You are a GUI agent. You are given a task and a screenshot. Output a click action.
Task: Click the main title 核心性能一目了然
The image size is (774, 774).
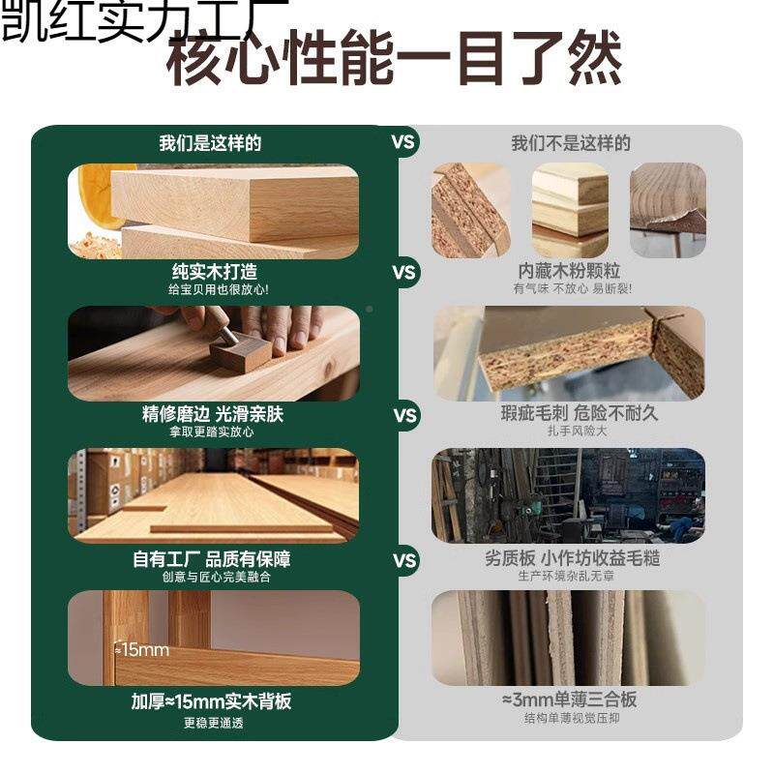[x=395, y=60]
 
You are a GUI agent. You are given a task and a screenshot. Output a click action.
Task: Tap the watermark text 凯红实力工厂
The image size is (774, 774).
[x=144, y=21]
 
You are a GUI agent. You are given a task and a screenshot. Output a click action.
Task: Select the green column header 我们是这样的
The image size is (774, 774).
[x=211, y=143]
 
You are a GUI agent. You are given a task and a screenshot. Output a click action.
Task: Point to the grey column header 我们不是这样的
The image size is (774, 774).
[x=571, y=143]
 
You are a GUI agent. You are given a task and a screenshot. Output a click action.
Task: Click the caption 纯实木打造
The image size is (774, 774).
[x=215, y=272]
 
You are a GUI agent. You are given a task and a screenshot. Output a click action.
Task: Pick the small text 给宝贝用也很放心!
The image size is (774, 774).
[x=215, y=289]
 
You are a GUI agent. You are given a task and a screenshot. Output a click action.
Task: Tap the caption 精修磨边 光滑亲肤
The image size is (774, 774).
[x=213, y=414]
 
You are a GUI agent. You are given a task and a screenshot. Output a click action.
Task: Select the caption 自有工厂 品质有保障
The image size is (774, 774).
[x=212, y=559]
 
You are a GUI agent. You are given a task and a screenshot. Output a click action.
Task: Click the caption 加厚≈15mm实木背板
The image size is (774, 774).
[x=212, y=701]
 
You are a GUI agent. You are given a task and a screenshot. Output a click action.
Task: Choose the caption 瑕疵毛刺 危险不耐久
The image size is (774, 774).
[x=571, y=413]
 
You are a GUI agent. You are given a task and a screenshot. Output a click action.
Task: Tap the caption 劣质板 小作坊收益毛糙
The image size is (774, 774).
[x=572, y=558]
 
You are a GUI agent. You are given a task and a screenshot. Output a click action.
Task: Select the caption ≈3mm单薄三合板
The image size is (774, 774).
[x=570, y=700]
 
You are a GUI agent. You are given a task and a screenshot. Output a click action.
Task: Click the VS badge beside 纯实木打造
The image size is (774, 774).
[x=404, y=272]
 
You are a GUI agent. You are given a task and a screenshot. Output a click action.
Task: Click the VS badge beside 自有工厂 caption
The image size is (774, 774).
[x=404, y=560]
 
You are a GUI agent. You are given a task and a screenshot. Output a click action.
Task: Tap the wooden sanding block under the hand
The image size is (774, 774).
[x=239, y=352]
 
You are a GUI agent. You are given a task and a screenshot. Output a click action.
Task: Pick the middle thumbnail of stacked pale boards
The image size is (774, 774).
[x=570, y=211]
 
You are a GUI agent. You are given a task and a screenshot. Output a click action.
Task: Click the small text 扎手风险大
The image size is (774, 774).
[x=571, y=432]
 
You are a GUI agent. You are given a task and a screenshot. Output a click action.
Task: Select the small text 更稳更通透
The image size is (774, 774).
[x=212, y=722]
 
